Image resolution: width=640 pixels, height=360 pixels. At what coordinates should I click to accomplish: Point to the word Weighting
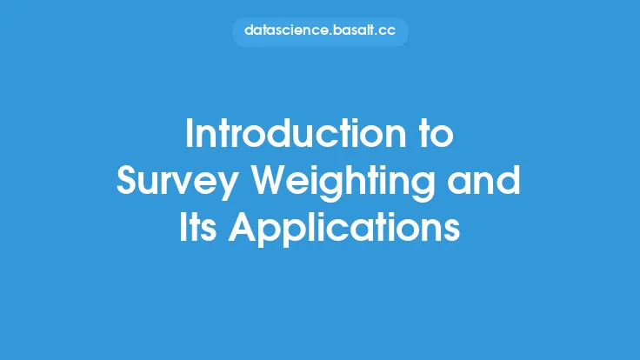pyautogui.click(x=343, y=183)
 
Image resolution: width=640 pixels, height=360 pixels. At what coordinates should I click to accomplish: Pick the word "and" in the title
pyautogui.click(x=483, y=180)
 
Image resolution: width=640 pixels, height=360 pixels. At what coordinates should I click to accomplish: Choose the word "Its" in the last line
pyautogui.click(x=198, y=227)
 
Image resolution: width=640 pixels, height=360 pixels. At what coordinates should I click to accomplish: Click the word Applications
pyautogui.click(x=344, y=230)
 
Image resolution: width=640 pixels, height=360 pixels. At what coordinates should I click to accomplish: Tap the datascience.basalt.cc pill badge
pyautogui.click(x=320, y=31)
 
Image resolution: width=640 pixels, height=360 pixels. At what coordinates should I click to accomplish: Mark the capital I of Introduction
pyautogui.click(x=189, y=133)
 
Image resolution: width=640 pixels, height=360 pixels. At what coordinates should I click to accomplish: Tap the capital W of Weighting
pyautogui.click(x=270, y=180)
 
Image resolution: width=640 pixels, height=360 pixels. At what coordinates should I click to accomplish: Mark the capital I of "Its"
pyautogui.click(x=183, y=227)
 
